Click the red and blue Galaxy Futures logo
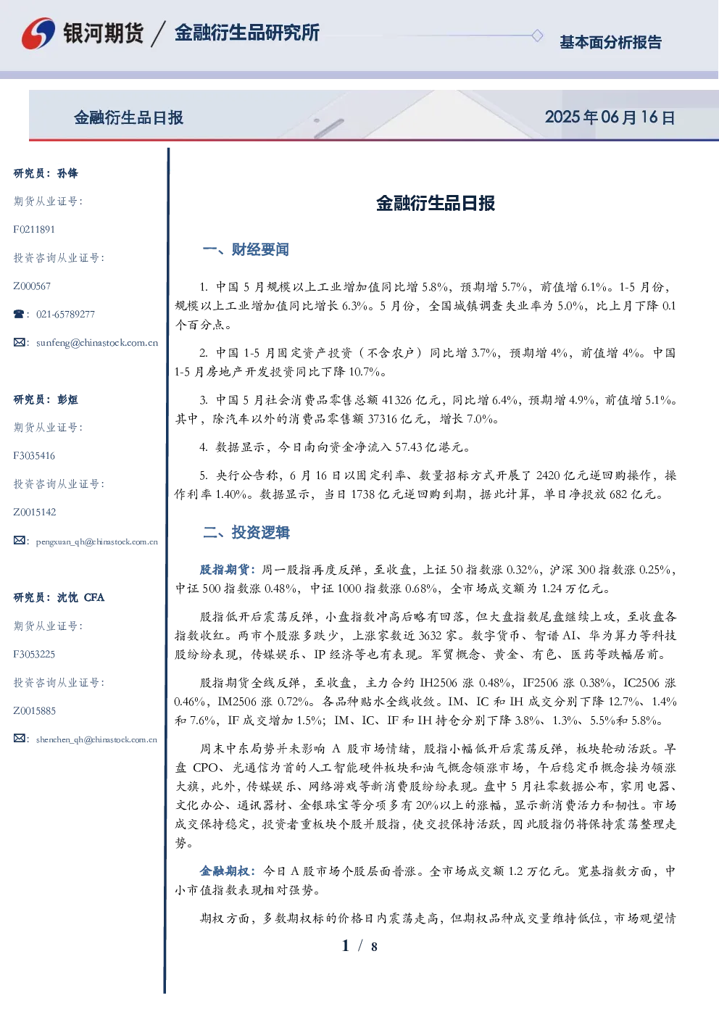(38, 33)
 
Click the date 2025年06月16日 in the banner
(610, 117)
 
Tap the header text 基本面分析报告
(610, 42)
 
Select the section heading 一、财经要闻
(246, 249)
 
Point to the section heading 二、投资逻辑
(246, 532)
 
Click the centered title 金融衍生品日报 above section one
(436, 203)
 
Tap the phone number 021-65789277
(65, 314)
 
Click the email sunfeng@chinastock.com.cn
(97, 343)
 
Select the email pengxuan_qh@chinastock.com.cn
(96, 541)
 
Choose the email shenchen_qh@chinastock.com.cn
(96, 739)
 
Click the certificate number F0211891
(34, 229)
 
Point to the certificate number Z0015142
(35, 512)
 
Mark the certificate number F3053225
(34, 655)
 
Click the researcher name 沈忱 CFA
(80, 597)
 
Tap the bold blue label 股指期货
(224, 569)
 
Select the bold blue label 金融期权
(224, 871)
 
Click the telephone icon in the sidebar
(19, 314)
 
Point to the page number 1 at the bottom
(346, 946)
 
